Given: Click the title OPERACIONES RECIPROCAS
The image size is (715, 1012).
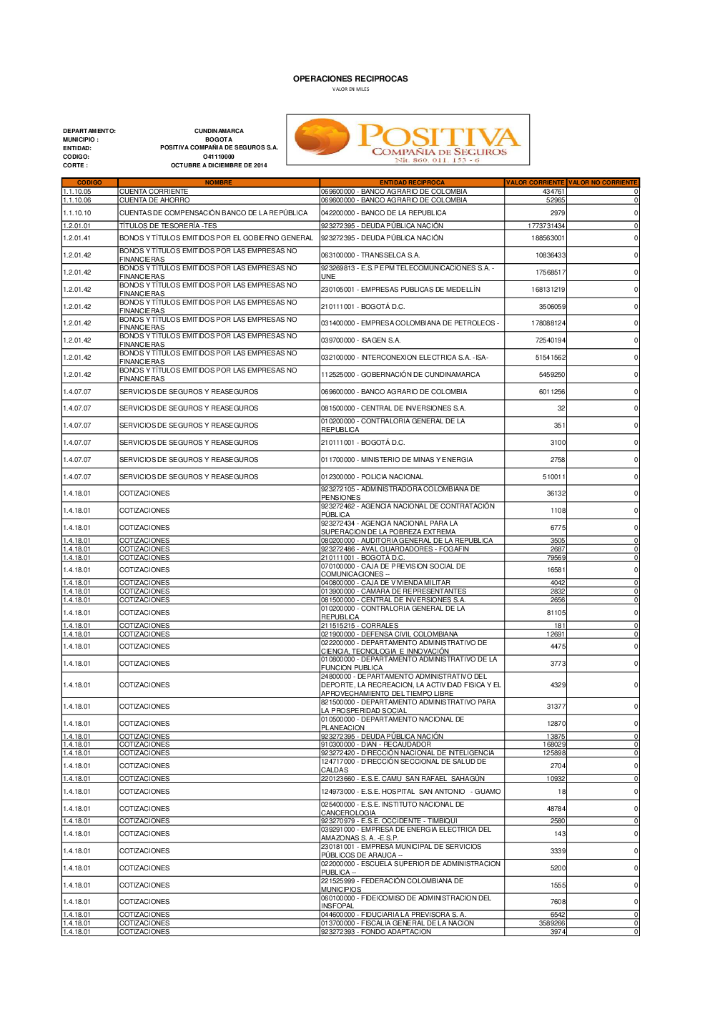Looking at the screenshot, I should click(350, 79).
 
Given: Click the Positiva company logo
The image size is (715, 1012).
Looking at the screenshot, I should click(408, 140).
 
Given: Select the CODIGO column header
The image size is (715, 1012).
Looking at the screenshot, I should click(89, 182).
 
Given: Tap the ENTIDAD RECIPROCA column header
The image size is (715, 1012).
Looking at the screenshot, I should click(412, 182).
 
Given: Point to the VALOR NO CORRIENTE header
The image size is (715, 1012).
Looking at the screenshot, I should click(603, 182).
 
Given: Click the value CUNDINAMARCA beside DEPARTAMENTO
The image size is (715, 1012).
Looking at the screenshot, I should click(219, 131).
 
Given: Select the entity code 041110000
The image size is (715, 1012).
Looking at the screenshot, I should click(219, 157).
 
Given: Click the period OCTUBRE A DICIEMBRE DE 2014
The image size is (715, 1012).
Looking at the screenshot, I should click(219, 165).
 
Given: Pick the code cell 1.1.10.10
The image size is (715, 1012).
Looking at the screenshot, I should click(77, 213).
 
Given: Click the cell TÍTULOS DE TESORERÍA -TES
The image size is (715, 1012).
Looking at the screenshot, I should click(168, 226).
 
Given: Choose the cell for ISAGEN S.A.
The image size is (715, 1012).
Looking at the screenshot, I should click(361, 340).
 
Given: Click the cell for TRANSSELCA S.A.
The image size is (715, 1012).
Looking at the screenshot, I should click(370, 255).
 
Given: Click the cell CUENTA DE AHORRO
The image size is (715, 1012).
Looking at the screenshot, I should click(154, 200).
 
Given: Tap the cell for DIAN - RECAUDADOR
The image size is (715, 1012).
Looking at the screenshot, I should click(376, 745).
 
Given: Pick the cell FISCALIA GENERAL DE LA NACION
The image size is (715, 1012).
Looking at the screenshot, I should click(398, 923).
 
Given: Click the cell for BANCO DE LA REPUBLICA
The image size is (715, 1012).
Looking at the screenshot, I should click(383, 213).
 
